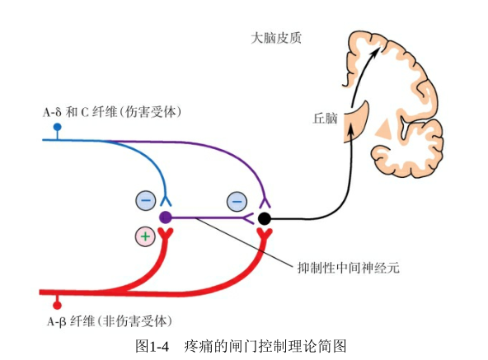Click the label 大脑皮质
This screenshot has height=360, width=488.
(276, 38)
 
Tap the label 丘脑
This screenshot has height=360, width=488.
(325, 119)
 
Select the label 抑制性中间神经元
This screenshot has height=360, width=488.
(348, 268)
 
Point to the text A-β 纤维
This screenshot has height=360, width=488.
(71, 321)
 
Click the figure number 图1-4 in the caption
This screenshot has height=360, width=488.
(152, 346)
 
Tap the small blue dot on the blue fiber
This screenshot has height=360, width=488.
(57, 127)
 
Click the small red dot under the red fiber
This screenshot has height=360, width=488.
(57, 306)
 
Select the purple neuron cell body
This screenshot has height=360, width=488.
(165, 217)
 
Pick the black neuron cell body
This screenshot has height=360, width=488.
(265, 219)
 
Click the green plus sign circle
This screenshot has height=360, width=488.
(145, 236)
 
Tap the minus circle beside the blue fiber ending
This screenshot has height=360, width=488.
(146, 200)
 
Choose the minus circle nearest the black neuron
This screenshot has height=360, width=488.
(237, 202)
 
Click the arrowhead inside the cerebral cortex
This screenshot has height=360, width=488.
(375, 52)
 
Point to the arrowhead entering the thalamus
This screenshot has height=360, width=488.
(351, 127)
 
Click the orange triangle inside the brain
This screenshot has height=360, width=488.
(383, 129)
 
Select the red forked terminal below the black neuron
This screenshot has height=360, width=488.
(265, 234)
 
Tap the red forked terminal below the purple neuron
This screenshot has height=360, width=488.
(165, 233)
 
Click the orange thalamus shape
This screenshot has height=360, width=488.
(357, 123)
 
